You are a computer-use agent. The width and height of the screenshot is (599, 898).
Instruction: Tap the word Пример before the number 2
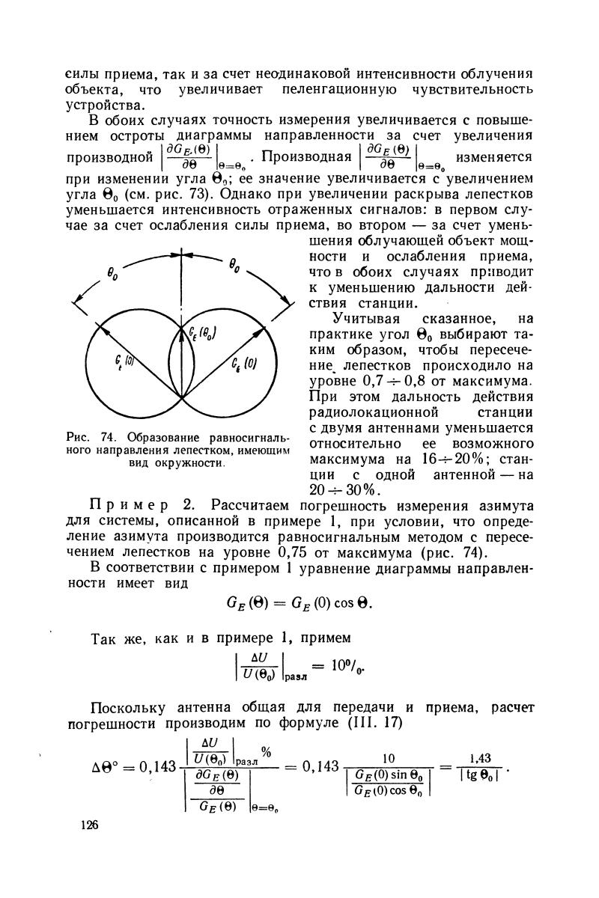(136, 507)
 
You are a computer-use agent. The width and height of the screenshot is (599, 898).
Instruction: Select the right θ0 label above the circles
(234, 263)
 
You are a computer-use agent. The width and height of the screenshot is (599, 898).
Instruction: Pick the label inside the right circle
(249, 367)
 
